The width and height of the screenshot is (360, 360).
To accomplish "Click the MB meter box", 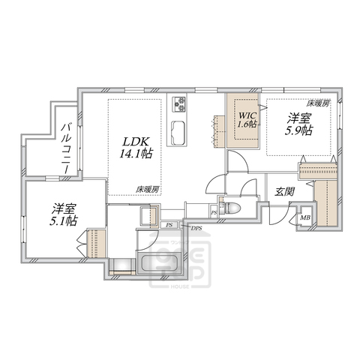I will click(305, 219).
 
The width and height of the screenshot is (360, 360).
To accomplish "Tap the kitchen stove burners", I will click(181, 103).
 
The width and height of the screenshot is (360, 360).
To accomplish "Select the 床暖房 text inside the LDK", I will click(147, 189).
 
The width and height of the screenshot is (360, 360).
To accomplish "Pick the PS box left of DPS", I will click(169, 224).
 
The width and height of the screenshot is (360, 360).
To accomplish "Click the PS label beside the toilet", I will click(214, 213).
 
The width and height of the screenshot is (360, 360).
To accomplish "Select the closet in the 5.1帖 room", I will click(94, 244).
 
